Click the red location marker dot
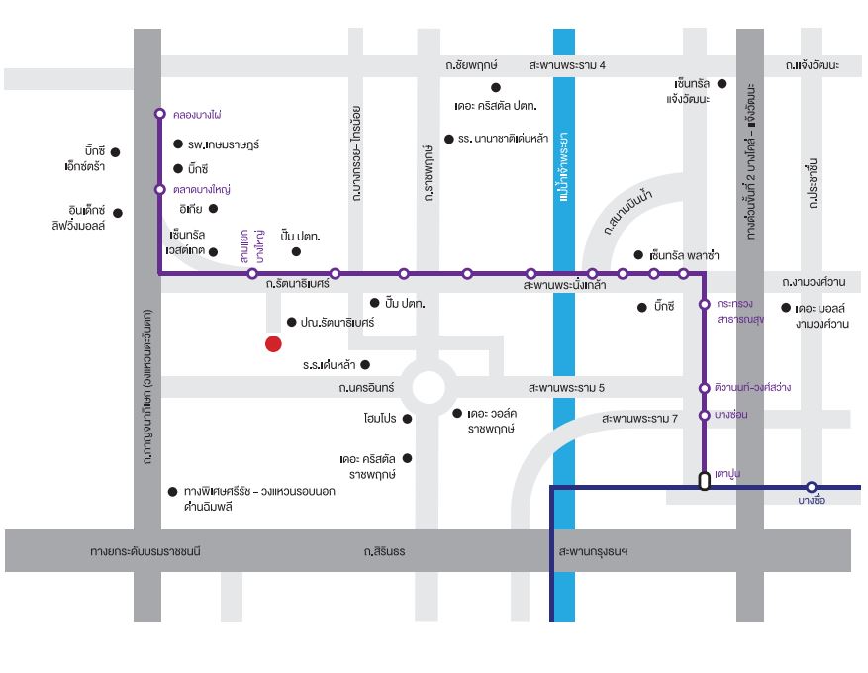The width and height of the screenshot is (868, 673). coord(273,343)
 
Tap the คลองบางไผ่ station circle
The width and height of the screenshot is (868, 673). coord(160,114)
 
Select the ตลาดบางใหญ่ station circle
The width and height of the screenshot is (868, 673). coord(160,189)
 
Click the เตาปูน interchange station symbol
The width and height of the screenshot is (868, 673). coord(704,480)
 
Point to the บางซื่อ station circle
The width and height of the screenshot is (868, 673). coord(811,487)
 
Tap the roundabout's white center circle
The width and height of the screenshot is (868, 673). coord(428,387)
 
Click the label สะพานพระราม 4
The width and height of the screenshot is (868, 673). coord(567,65)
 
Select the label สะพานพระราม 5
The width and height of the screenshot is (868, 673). coord(566,387)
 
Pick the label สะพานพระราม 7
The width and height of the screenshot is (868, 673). coord(639,418)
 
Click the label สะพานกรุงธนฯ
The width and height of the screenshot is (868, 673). coord(594,551)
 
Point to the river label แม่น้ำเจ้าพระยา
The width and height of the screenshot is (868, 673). coord(563,166)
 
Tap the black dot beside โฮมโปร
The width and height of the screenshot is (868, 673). coord(408,419)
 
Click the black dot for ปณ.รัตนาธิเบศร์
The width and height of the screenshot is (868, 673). coord(292,322)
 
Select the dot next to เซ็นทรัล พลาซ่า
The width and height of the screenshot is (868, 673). coord(638,255)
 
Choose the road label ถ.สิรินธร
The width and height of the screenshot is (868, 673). coord(384,551)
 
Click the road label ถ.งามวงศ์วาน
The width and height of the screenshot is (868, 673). coord(814,282)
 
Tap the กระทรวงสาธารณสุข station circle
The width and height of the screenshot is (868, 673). coord(704,304)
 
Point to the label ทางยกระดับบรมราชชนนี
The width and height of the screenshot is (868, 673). coord(145,551)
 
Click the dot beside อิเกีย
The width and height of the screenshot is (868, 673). coord(213,209)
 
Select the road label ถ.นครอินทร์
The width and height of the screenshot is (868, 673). coord(366,387)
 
